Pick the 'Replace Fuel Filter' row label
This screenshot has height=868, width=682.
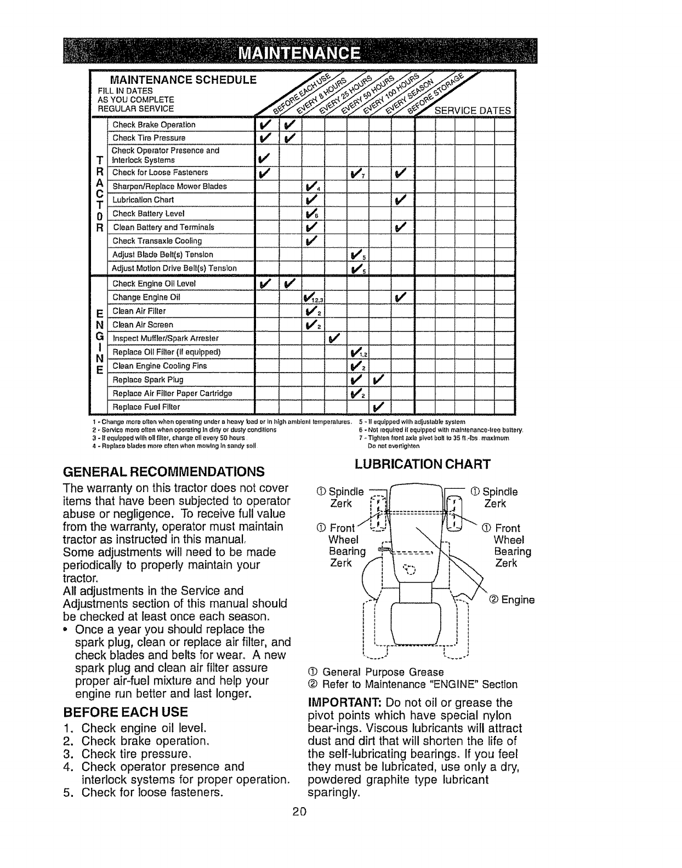click(x=146, y=407)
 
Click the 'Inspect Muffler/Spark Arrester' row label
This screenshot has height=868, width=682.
click(x=166, y=338)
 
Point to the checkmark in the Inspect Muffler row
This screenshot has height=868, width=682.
click(x=334, y=338)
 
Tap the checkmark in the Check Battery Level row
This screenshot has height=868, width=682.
click(x=311, y=214)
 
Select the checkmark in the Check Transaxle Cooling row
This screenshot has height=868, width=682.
click(x=311, y=241)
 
